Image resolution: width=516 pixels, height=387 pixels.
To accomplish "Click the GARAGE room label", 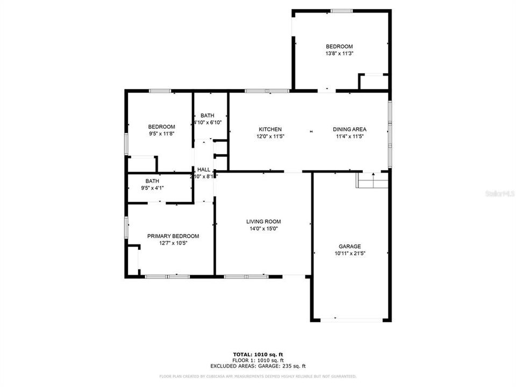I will tap(349, 246).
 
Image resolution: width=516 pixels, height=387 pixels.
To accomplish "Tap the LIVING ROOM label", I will tap(263, 221).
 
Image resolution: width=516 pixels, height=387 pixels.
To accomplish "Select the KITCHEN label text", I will tap(270, 129).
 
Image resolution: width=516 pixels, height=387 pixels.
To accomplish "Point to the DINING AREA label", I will tap(349, 129).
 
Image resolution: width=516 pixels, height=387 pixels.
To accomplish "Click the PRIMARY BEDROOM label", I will tap(173, 236).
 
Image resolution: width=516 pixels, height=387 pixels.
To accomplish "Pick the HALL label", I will tap(204, 169).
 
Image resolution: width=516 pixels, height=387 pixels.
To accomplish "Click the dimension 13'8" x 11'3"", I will tap(339, 53).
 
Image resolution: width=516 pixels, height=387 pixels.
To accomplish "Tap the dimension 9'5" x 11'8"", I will tap(161, 133).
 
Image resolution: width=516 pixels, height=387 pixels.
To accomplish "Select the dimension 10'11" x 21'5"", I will tap(349, 253).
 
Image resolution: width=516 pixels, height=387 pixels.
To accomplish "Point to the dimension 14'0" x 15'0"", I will tap(263, 228).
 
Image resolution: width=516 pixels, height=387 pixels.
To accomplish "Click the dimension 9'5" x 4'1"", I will tap(152, 188).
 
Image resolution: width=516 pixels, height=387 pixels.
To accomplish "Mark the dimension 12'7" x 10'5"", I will tap(173, 243).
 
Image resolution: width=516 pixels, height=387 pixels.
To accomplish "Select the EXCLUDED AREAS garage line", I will tap(257, 365).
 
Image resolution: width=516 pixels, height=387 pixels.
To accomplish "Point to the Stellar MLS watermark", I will tap(499, 192).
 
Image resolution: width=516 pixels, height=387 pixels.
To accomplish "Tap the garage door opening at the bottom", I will tap(351, 320).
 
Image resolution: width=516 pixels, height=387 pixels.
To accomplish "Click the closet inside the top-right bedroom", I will tap(374, 82).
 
